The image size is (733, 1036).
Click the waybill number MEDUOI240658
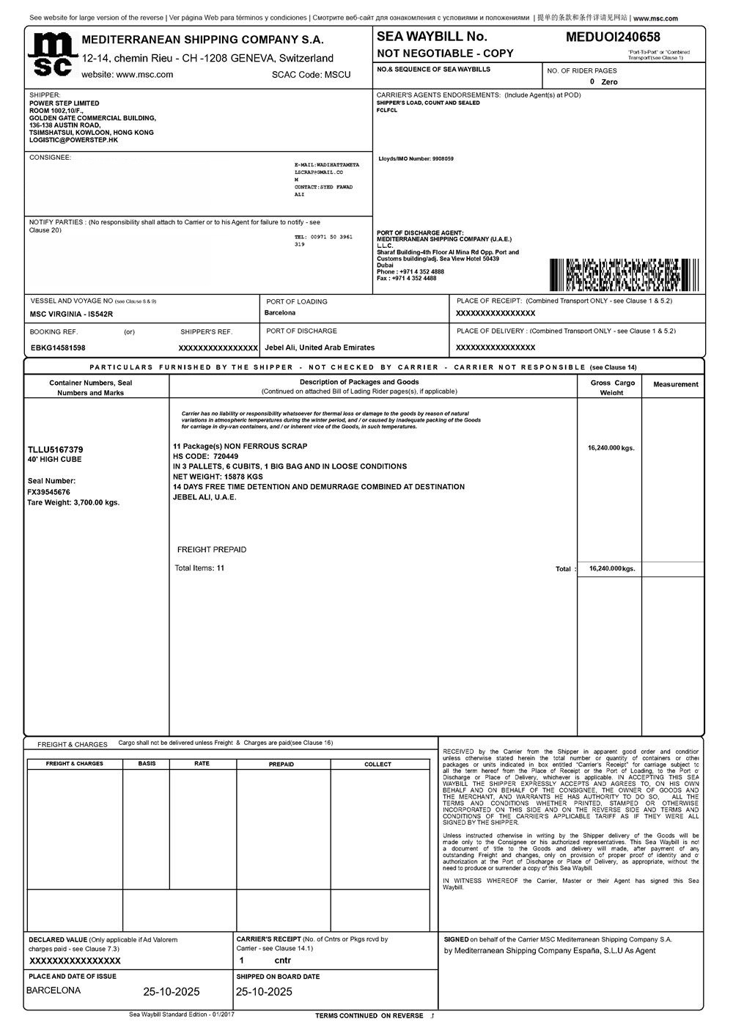pyautogui.click(x=613, y=37)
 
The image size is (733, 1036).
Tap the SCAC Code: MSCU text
pyautogui.click(x=311, y=75)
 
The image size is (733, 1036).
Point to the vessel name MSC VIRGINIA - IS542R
pyautogui.click(x=72, y=314)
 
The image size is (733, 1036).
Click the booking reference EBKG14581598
pyautogui.click(x=58, y=348)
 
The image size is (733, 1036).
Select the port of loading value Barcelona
pyautogui.click(x=279, y=313)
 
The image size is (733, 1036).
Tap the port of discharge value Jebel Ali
pyautogui.click(x=320, y=348)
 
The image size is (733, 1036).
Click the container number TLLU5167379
pyautogui.click(x=55, y=449)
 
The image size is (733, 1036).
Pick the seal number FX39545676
pyautogui.click(x=48, y=492)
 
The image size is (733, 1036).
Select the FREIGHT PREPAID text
pyautogui.click(x=212, y=550)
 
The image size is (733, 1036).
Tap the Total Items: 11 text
pyautogui.click(x=199, y=568)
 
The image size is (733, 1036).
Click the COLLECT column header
pyautogui.click(x=377, y=764)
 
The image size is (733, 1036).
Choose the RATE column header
pyautogui.click(x=202, y=764)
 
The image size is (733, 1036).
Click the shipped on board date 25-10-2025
pyautogui.click(x=264, y=992)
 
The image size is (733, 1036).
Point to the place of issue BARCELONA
pyautogui.click(x=54, y=991)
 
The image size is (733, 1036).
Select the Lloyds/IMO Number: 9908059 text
pyautogui.click(x=416, y=158)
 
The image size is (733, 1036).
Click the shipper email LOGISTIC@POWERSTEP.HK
pyautogui.click(x=73, y=140)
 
